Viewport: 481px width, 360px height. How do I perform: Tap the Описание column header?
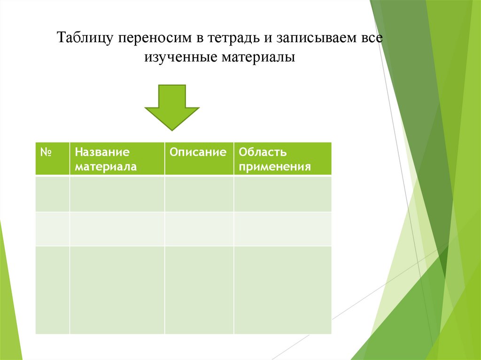tap(199, 153)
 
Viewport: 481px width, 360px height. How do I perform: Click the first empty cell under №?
tap(52, 194)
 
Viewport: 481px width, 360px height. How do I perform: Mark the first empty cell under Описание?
tap(199, 194)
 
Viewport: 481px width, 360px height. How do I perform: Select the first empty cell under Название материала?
tap(117, 194)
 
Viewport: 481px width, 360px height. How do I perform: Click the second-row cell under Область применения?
tap(282, 229)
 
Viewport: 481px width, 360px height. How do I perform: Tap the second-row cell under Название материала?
tap(117, 229)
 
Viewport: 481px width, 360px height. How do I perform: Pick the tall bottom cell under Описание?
tap(199, 290)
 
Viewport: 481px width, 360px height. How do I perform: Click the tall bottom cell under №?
tap(52, 290)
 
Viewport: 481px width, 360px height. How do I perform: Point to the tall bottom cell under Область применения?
tap(282, 290)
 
